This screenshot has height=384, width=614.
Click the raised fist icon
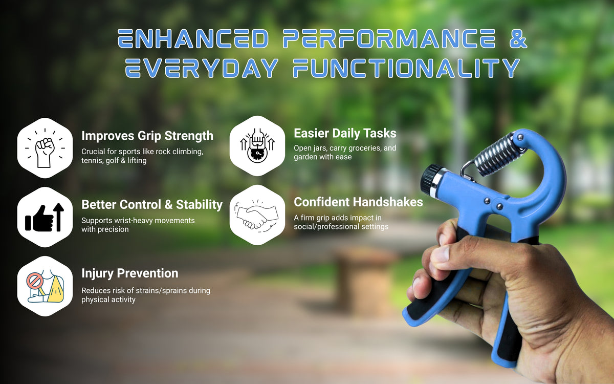pyautogui.click(x=45, y=148)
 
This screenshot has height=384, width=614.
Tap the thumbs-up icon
pyautogui.click(x=45, y=217)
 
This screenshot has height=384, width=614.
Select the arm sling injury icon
pyautogui.click(x=45, y=286)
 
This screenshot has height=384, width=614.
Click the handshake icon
pyautogui.click(x=257, y=215)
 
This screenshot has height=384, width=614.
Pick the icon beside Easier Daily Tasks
pyautogui.click(x=257, y=145)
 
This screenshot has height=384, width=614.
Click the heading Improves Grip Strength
pyautogui.click(x=147, y=136)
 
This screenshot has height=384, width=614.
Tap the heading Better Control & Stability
pyautogui.click(x=152, y=205)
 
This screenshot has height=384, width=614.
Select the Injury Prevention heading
pyautogui.click(x=129, y=273)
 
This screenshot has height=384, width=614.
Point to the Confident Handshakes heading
pyautogui.click(x=358, y=202)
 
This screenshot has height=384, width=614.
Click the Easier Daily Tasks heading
pyautogui.click(x=345, y=134)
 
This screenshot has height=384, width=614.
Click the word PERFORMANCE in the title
pyautogui.click(x=389, y=39)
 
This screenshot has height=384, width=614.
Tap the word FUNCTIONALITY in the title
pyautogui.click(x=407, y=68)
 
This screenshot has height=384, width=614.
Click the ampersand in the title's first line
pyautogui.click(x=518, y=39)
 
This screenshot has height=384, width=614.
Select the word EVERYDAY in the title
pyautogui.click(x=202, y=68)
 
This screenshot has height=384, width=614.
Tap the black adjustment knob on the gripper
pyautogui.click(x=429, y=178)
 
